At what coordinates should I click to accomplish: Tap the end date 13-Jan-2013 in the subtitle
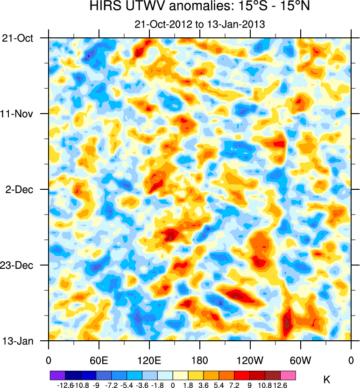232,24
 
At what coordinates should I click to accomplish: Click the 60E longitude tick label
99,360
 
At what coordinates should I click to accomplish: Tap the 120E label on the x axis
149,360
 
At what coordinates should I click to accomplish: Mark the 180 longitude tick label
200,360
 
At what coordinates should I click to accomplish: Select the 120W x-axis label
250,360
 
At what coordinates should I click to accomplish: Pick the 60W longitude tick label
300,360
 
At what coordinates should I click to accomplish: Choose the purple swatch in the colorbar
57,375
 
